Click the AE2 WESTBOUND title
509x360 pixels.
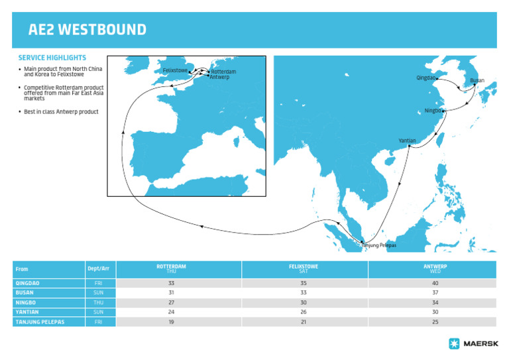87,30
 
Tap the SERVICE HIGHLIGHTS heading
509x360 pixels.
52,58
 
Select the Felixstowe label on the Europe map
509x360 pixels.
175,70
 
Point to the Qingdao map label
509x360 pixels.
426,78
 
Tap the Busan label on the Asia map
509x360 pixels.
477,81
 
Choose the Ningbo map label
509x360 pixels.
433,111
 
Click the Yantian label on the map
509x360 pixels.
408,141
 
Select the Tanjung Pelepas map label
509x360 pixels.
378,246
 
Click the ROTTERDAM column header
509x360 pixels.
171,269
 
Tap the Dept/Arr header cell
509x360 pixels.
99,269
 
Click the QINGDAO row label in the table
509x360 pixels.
28,283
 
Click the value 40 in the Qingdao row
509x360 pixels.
435,283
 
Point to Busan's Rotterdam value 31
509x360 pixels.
171,293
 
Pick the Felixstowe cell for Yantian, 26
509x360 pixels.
304,312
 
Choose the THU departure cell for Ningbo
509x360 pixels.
99,303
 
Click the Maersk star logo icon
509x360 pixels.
454,343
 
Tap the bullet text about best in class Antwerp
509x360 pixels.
61,112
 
